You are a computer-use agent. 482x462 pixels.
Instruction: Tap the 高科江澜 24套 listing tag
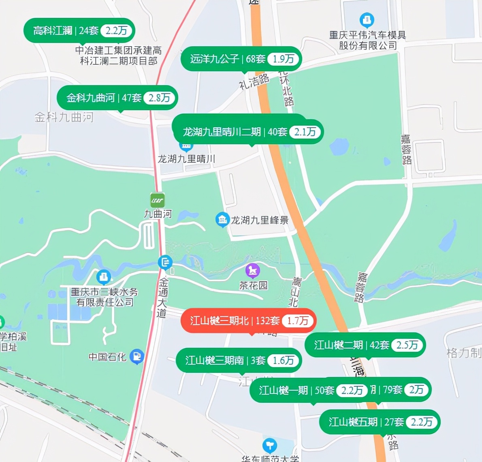point(65,31)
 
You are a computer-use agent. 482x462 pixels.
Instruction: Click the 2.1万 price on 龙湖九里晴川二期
point(305,132)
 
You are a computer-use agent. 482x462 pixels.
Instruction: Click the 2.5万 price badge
point(407,345)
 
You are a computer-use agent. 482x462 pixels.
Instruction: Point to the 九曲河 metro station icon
point(157,200)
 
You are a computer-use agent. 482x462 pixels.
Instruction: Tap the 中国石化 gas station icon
point(138,356)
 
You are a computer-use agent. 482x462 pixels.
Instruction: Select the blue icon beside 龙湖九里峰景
point(222,220)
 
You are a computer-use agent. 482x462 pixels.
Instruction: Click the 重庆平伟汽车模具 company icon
point(367,19)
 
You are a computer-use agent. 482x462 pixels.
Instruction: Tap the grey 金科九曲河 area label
point(64,118)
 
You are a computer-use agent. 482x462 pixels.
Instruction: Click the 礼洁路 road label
point(254,81)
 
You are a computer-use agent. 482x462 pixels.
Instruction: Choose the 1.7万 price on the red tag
point(298,321)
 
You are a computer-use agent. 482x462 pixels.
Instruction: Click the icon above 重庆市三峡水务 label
point(104,277)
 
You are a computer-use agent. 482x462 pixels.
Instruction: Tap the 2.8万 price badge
point(159,98)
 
